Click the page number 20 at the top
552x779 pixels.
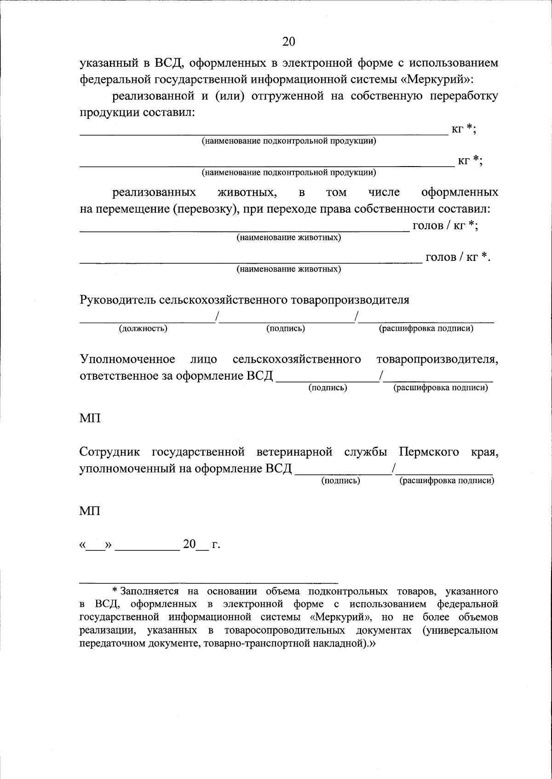click(x=288, y=42)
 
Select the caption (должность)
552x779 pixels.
click(x=143, y=329)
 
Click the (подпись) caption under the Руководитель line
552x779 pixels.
click(x=286, y=329)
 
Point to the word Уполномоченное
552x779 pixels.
click(x=127, y=359)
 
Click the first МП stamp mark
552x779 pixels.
click(x=90, y=418)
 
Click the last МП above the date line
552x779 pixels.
click(x=90, y=511)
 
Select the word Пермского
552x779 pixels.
click(x=429, y=452)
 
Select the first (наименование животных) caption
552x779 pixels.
click(x=289, y=238)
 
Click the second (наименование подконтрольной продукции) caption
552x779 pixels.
click(x=289, y=173)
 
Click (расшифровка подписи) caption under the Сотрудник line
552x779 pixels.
click(x=447, y=481)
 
